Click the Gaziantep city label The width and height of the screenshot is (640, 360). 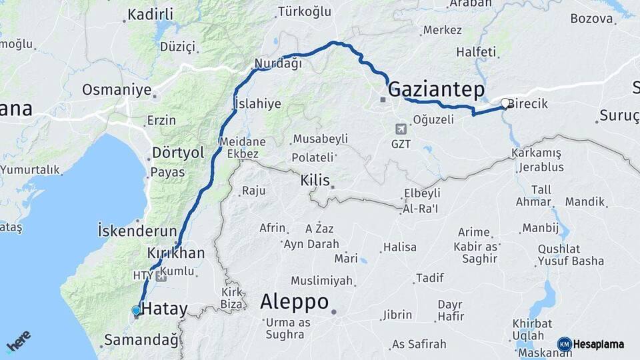pos(436,90)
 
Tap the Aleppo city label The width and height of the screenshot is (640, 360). pos(294,301)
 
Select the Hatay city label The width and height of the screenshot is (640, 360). pos(165,309)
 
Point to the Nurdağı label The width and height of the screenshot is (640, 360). pos(278,64)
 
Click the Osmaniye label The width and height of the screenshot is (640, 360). pos(116,89)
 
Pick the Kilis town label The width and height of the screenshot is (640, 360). pos(315,181)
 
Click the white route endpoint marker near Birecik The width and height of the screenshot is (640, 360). pos(505,103)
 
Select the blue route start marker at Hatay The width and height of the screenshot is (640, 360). pos(137,311)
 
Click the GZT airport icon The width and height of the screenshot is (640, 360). pos(400,129)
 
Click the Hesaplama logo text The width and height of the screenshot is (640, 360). pos(598,344)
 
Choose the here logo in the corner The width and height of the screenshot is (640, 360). pos(19,341)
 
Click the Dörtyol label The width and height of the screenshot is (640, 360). pos(178,152)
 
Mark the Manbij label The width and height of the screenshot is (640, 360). pos(540,227)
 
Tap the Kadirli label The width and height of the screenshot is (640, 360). pos(150,14)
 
